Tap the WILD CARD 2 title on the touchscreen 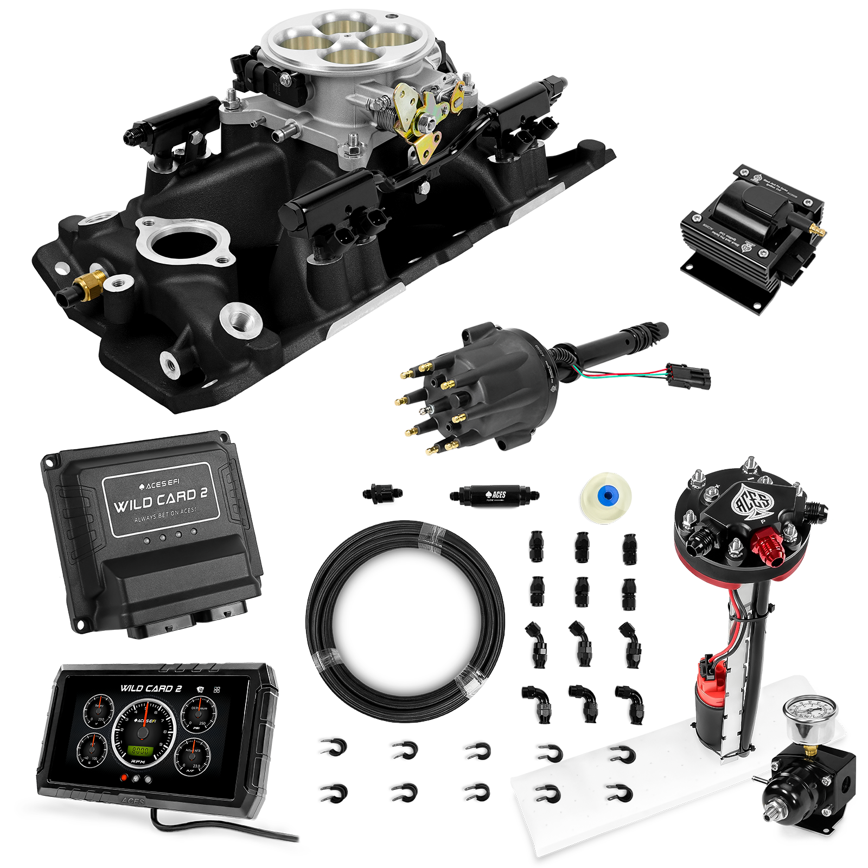[151, 688]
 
